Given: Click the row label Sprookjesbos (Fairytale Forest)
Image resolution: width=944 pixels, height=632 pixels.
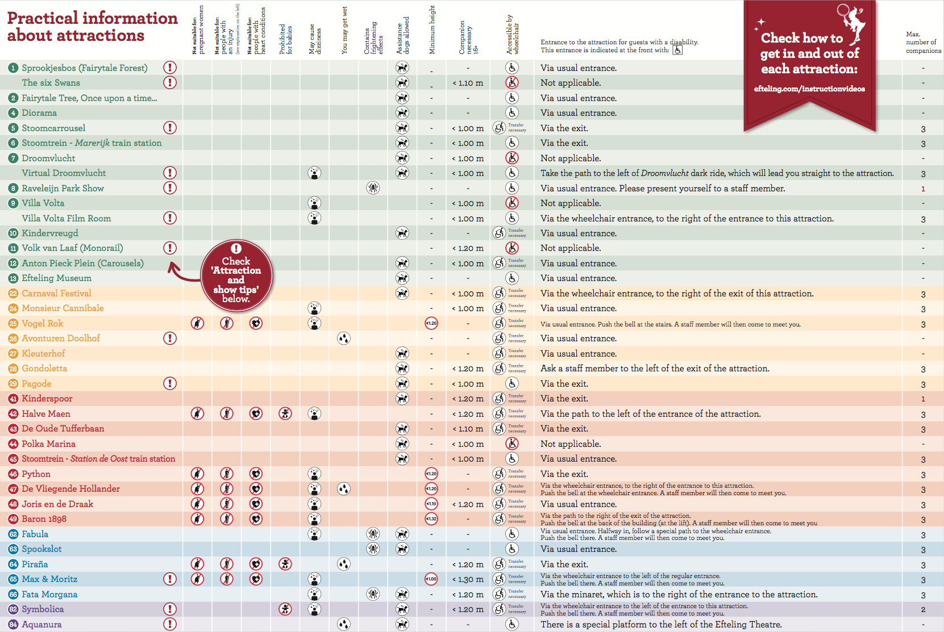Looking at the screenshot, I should [x=84, y=68].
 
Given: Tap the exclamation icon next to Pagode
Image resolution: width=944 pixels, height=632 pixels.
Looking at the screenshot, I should [x=169, y=383].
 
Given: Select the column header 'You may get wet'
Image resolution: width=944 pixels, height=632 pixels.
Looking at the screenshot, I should [x=344, y=31].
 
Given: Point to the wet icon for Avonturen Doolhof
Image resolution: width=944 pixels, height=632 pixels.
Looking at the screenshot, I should [x=343, y=338].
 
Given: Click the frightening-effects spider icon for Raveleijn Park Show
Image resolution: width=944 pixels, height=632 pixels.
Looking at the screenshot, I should [x=373, y=188].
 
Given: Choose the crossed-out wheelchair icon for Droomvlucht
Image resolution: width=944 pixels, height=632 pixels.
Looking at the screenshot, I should [x=512, y=158].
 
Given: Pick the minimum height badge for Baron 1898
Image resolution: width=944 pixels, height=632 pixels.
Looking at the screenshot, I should [x=431, y=519].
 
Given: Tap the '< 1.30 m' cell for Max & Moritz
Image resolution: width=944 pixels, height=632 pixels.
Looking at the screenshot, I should [x=468, y=579].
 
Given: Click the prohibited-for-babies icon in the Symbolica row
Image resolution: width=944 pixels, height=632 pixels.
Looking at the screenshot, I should [x=285, y=609].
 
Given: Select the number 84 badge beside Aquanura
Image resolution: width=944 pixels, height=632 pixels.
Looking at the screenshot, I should [x=13, y=625].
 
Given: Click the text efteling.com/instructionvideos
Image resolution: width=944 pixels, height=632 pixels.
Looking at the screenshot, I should [x=809, y=89].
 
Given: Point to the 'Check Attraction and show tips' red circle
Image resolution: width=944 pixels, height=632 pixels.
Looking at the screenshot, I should [x=236, y=275].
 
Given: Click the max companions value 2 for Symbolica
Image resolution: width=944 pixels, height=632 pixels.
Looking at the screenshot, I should [x=923, y=609].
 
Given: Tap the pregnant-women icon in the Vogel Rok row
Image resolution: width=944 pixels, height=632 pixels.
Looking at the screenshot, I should [x=197, y=324].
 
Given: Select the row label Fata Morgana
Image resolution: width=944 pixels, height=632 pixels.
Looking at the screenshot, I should [x=49, y=595].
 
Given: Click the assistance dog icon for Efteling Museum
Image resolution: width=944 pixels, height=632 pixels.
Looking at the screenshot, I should [x=402, y=278].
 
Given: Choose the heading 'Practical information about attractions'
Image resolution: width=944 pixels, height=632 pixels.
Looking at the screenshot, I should [x=92, y=27].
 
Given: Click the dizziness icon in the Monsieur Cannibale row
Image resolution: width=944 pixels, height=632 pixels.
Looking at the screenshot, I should [x=314, y=308].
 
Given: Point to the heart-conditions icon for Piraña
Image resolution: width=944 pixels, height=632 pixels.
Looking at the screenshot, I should [x=256, y=564].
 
